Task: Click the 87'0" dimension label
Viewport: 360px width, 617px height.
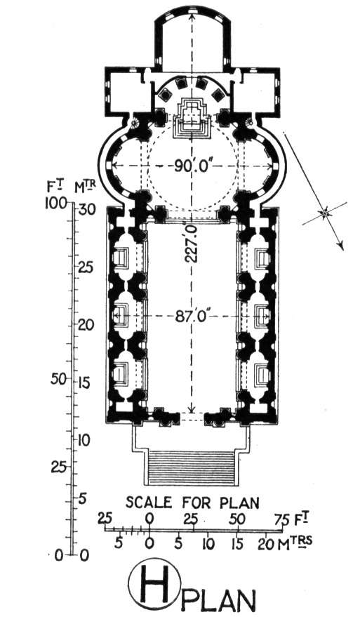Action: coord(191,317)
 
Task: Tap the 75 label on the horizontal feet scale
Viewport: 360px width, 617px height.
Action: coord(282,519)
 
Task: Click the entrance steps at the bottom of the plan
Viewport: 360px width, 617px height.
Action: coord(190,468)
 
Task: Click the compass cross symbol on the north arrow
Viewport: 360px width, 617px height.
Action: coord(325,213)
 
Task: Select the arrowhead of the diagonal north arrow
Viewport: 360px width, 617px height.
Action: coord(341,245)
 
